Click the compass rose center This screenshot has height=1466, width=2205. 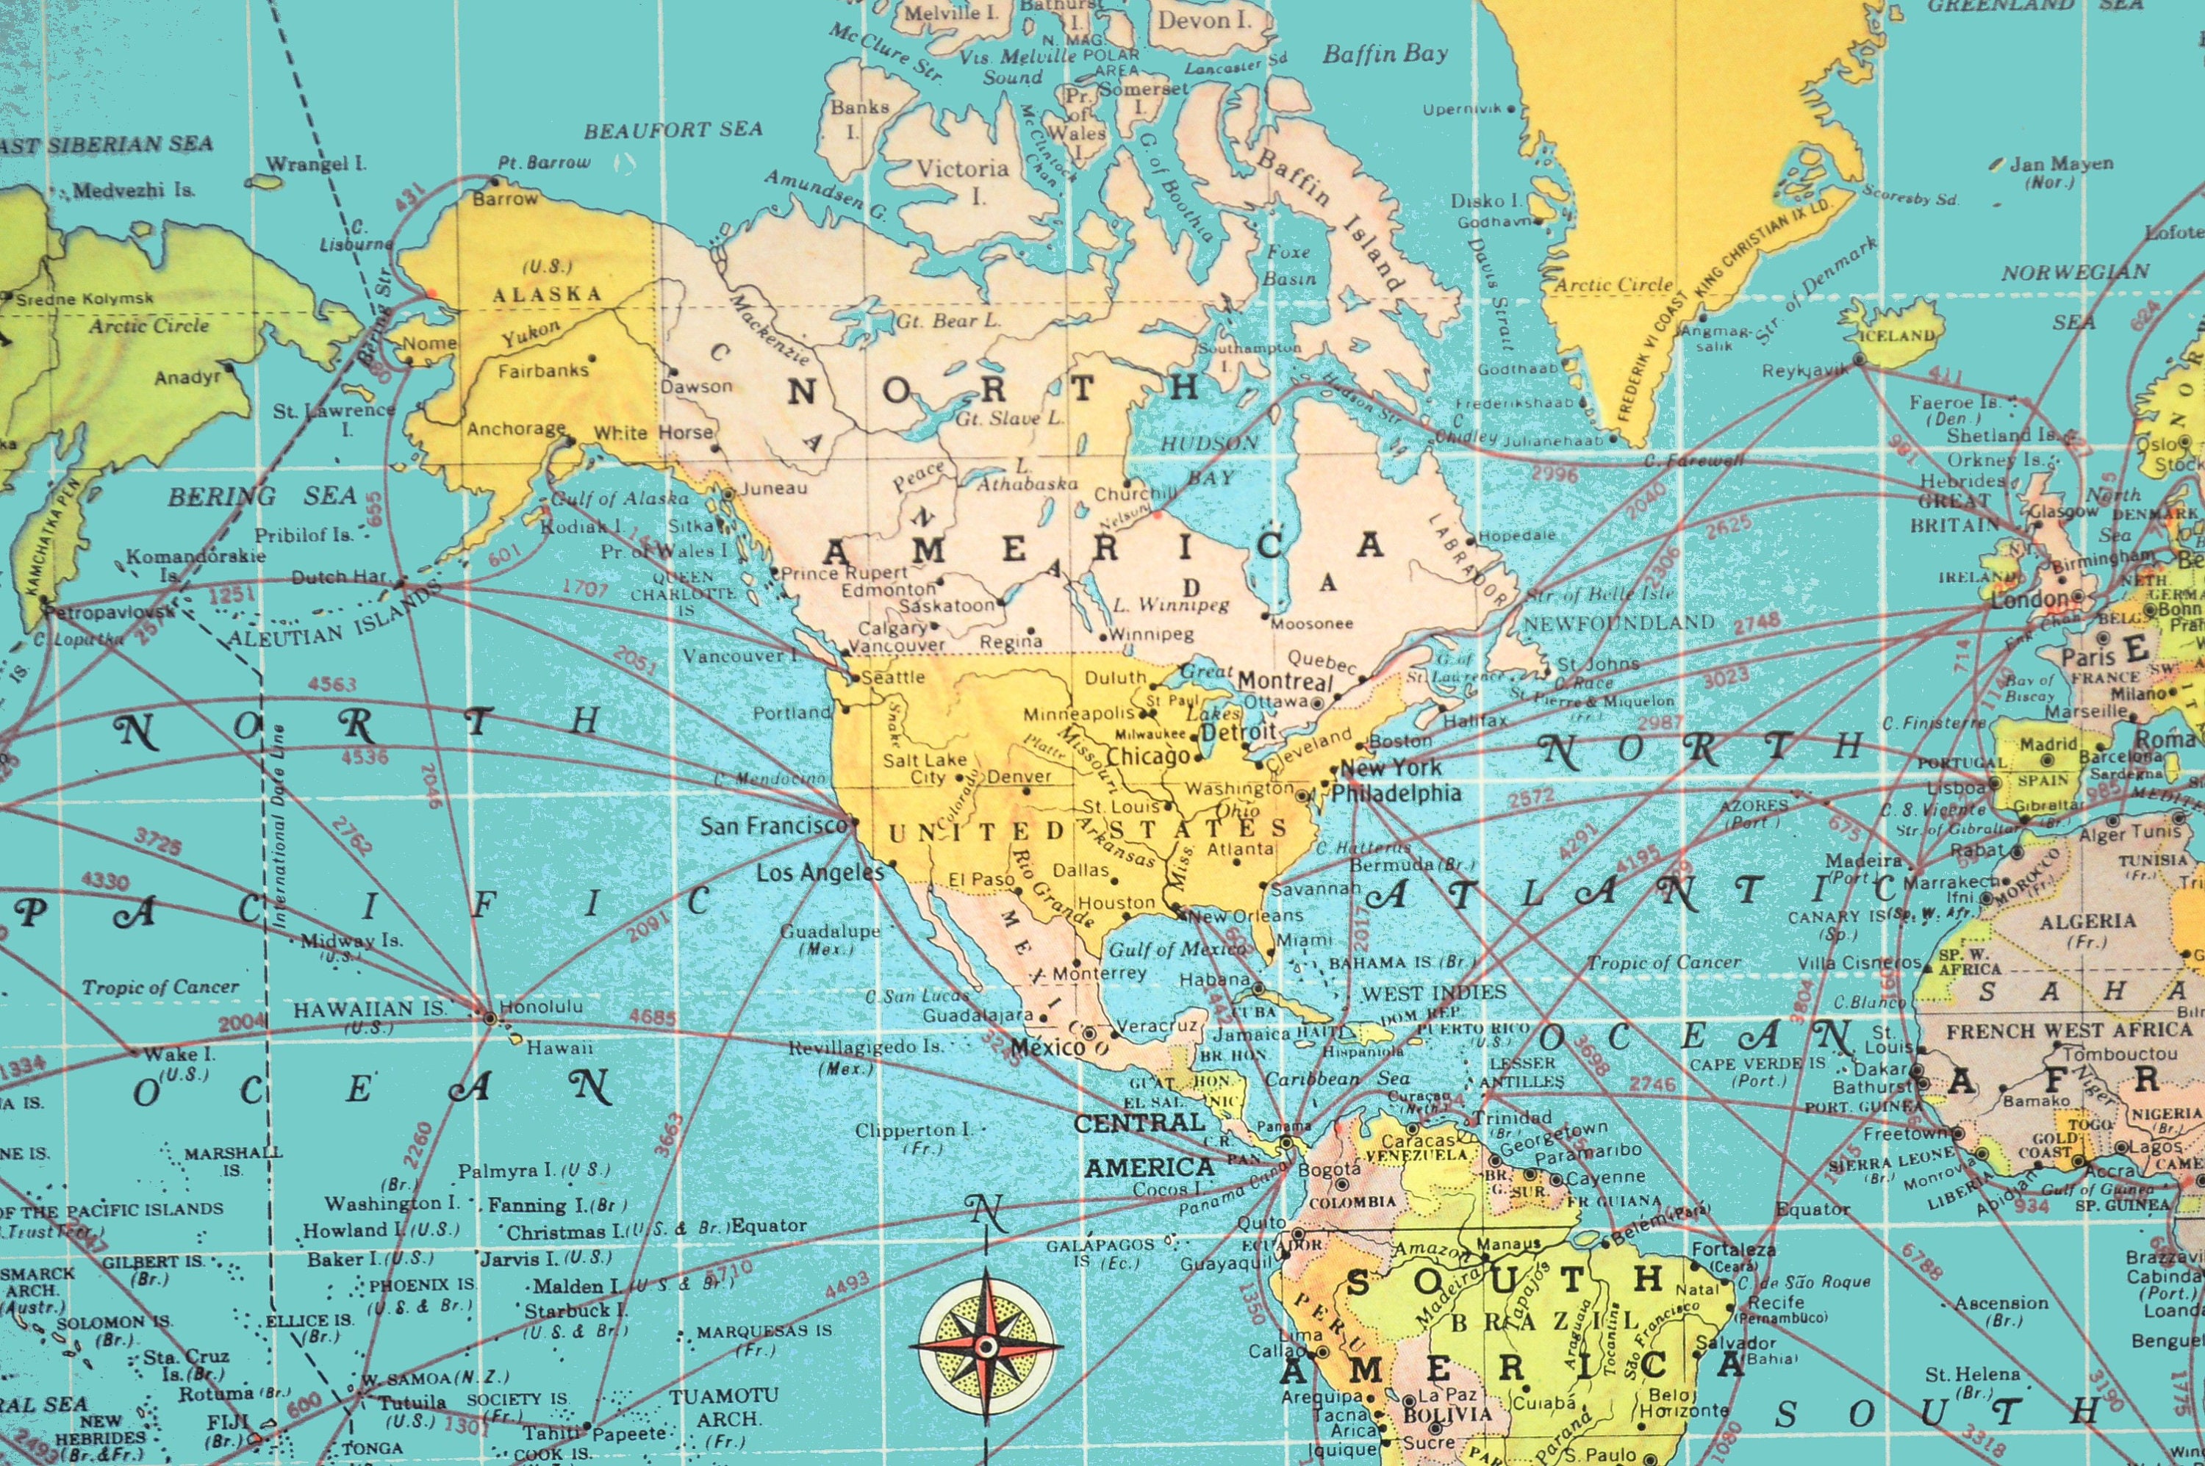[986, 1346]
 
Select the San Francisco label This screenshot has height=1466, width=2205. [773, 825]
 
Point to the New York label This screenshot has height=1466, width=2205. [1391, 768]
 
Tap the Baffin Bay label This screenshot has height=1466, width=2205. [1385, 54]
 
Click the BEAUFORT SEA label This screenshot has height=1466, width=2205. [673, 130]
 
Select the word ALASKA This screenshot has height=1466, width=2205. [547, 295]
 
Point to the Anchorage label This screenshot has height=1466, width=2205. [516, 429]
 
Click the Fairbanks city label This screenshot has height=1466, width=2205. [543, 371]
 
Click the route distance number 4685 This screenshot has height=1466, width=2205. [652, 1016]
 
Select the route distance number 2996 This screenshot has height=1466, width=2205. [1555, 474]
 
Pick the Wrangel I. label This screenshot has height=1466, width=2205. [316, 165]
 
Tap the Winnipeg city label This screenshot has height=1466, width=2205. [1152, 634]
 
